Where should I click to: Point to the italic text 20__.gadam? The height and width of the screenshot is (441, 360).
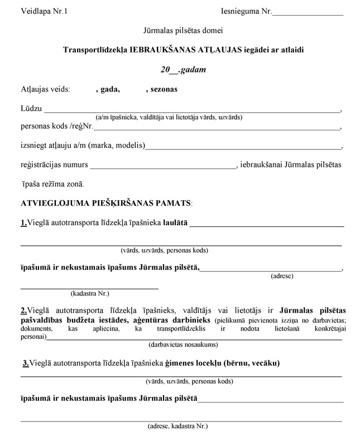tap(180, 70)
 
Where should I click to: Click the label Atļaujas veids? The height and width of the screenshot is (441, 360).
tap(45, 89)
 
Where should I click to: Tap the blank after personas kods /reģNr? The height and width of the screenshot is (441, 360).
tap(212, 128)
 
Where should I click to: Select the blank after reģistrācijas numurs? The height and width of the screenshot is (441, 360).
tap(163, 166)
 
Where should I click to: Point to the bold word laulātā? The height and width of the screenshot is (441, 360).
tap(175, 224)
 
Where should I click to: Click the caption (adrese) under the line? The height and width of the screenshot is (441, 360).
tap(282, 275)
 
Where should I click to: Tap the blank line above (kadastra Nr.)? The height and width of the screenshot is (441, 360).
tap(89, 288)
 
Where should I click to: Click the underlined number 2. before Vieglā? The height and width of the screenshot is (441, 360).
tap(24, 311)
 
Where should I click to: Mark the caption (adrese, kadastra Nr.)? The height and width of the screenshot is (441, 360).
tap(177, 426)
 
